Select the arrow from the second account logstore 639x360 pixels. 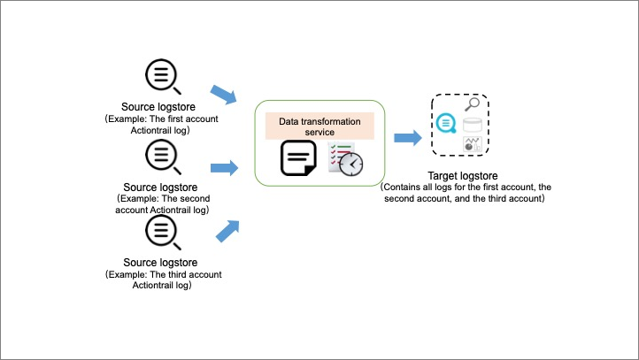click(x=225, y=167)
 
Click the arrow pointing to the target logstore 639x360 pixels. click(x=407, y=138)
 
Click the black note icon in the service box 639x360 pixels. click(x=297, y=159)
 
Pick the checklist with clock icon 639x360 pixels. click(x=344, y=158)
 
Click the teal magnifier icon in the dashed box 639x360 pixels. click(x=447, y=123)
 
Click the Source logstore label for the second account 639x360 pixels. click(x=160, y=187)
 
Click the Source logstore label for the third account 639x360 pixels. click(x=160, y=263)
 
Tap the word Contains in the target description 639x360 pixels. click(x=400, y=188)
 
